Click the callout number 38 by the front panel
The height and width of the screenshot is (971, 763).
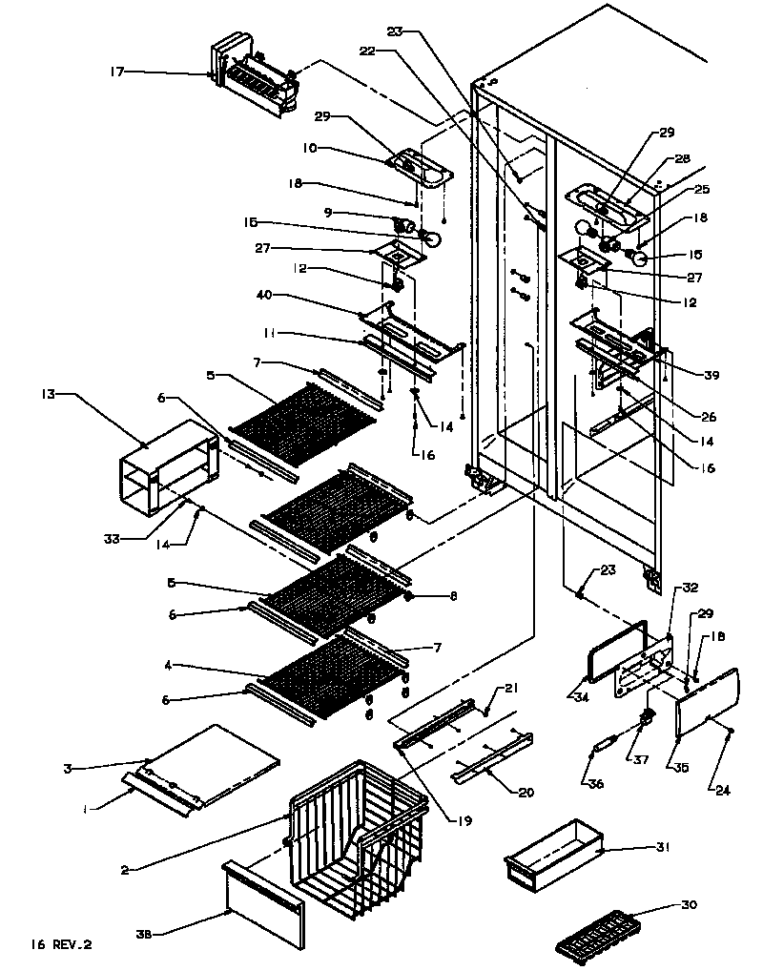(145, 934)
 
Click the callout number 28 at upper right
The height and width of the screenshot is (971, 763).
(683, 159)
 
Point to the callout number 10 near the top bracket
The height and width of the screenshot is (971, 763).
(312, 149)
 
